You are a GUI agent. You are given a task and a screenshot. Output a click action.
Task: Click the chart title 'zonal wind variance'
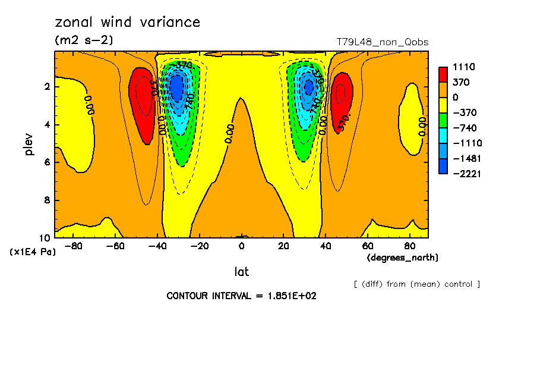(x=127, y=23)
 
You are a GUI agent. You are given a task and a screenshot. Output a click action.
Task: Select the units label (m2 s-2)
(x=83, y=40)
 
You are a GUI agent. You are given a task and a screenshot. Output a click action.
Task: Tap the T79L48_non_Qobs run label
(x=382, y=42)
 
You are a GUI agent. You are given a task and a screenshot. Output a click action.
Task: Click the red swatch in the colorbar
(x=443, y=74)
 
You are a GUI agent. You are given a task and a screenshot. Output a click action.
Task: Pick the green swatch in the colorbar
(x=443, y=120)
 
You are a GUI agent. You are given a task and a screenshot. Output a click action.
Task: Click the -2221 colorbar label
(x=466, y=174)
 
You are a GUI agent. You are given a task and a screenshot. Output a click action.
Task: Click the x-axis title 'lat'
(x=241, y=272)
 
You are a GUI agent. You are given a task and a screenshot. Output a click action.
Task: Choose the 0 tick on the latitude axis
(x=241, y=246)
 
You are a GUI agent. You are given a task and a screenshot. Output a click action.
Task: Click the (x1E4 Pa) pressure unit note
(x=33, y=252)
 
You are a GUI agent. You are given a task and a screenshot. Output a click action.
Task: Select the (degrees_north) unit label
(x=403, y=258)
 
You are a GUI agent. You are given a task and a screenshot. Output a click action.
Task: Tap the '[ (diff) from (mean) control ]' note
(x=416, y=284)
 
